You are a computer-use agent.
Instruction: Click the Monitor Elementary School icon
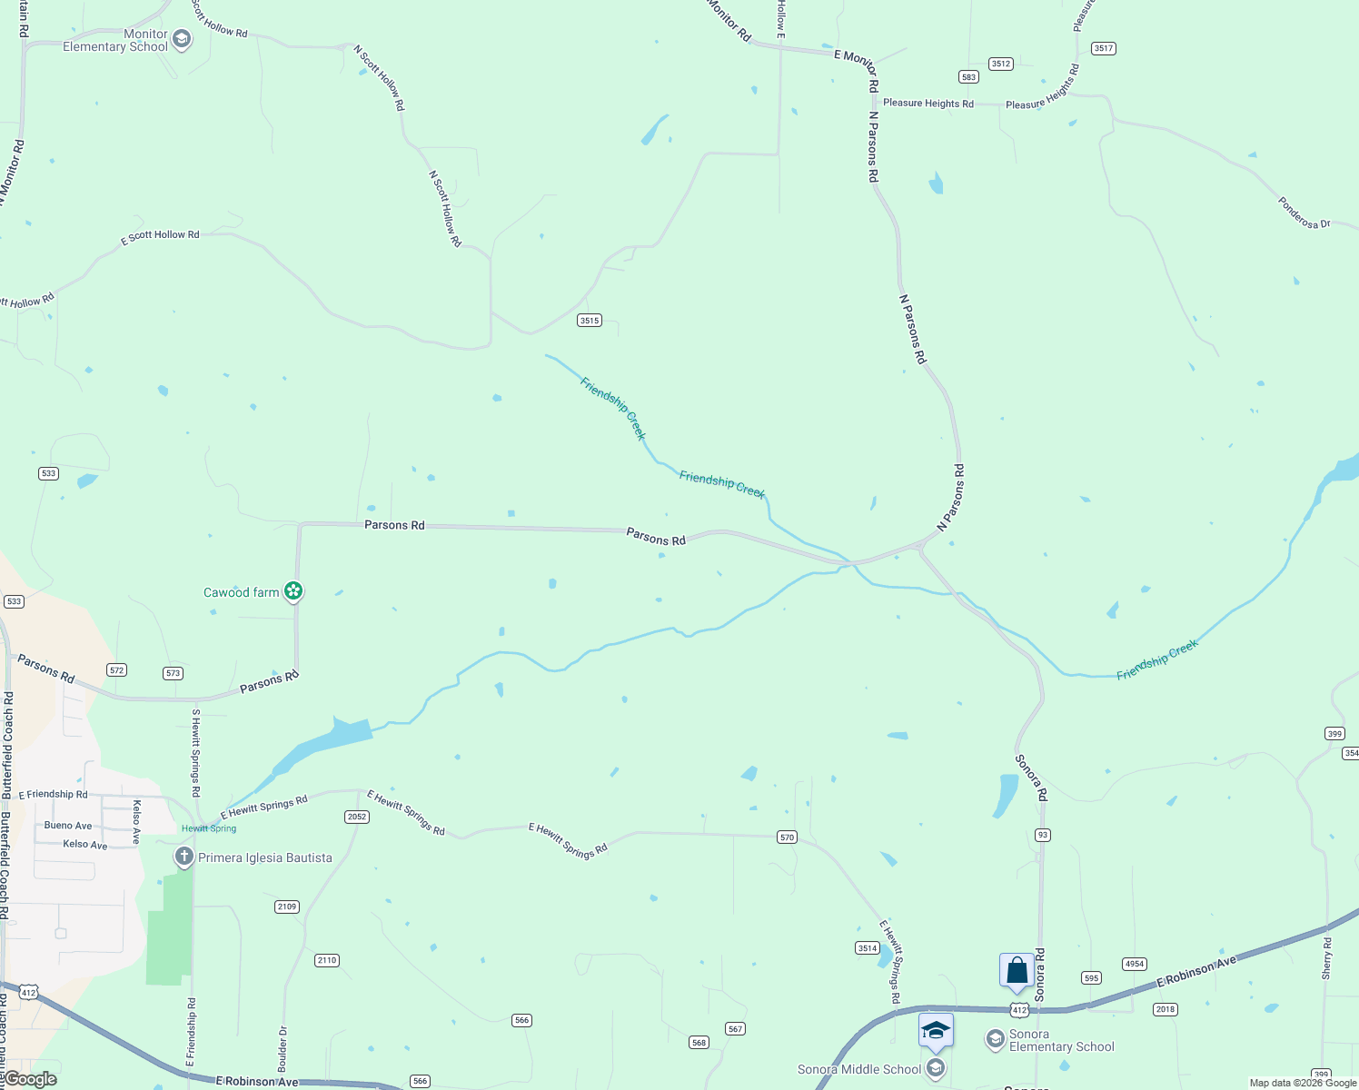(x=182, y=39)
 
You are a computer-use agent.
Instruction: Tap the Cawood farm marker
(x=293, y=591)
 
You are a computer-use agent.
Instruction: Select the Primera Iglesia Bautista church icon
(x=184, y=857)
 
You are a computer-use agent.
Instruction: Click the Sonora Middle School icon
(x=936, y=1068)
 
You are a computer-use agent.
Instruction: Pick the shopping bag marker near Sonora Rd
(x=1017, y=971)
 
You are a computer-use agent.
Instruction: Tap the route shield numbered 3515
(x=590, y=320)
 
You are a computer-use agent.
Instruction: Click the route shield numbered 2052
(x=357, y=817)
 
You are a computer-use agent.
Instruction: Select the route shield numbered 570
(x=787, y=837)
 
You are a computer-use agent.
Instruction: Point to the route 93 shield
(x=1043, y=835)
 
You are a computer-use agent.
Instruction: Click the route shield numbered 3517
(x=1104, y=48)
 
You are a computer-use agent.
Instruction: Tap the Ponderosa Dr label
(x=1304, y=213)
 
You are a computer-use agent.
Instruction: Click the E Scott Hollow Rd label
(x=161, y=235)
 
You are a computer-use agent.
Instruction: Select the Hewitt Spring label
(x=209, y=828)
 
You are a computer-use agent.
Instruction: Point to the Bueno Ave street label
(x=68, y=826)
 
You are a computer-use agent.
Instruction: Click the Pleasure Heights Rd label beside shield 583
(x=928, y=104)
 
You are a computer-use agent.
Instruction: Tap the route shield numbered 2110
(x=327, y=960)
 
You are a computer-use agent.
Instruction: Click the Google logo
(x=30, y=1079)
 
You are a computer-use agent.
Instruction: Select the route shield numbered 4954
(x=1135, y=964)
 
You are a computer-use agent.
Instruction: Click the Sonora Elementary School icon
(x=996, y=1038)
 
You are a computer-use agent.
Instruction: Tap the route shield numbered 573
(x=174, y=673)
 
